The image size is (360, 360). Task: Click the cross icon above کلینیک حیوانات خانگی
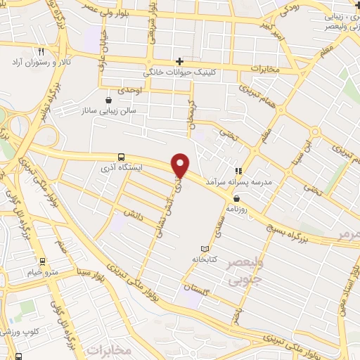click(180, 62)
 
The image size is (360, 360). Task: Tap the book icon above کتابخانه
click(205, 250)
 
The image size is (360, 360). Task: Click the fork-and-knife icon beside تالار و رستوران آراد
click(41, 52)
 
